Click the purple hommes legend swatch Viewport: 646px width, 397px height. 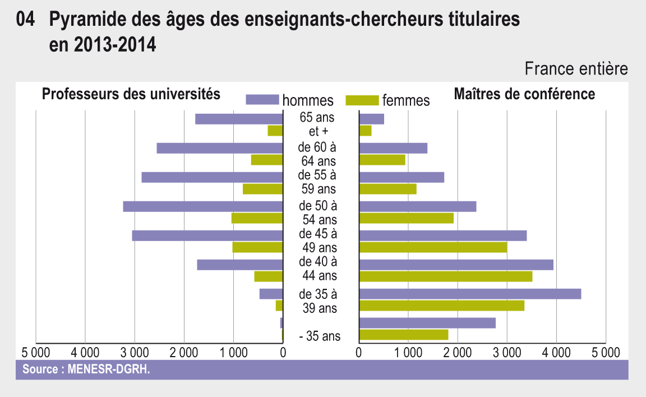pyautogui.click(x=262, y=100)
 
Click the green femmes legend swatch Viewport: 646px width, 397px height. pyautogui.click(x=363, y=100)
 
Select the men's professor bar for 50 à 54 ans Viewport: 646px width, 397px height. pyautogui.click(x=202, y=206)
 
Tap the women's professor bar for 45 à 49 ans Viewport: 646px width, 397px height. pyautogui.click(x=257, y=247)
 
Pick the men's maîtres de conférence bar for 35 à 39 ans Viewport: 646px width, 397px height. pyautogui.click(x=470, y=294)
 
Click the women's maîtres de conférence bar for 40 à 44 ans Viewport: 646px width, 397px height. pyautogui.click(x=445, y=276)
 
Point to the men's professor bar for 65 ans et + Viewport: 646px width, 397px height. pyautogui.click(x=238, y=119)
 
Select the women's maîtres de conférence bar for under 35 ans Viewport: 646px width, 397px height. pyautogui.click(x=404, y=335)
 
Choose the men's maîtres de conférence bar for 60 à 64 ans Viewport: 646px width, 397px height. pyautogui.click(x=393, y=148)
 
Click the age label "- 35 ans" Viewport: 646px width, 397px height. pyautogui.click(x=320, y=337)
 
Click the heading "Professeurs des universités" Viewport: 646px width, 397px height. pyautogui.click(x=131, y=94)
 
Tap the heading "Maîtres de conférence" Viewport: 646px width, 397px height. pyautogui.click(x=524, y=94)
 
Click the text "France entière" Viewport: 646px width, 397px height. pyautogui.click(x=576, y=70)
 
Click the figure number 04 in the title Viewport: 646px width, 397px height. pyautogui.click(x=26, y=21)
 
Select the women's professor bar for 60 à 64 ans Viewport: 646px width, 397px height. pyautogui.click(x=266, y=160)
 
